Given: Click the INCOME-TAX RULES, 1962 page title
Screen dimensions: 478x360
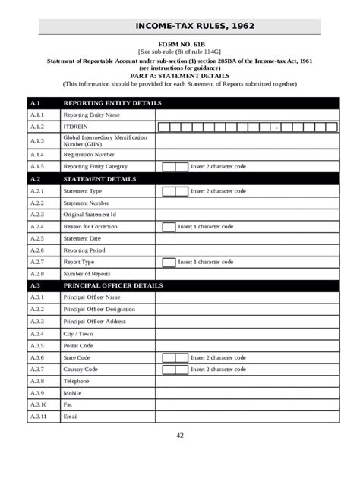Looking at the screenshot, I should tap(194, 27).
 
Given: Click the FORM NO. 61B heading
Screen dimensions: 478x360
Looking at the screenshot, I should tap(179, 46).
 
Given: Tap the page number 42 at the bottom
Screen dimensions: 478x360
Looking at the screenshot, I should tap(180, 435).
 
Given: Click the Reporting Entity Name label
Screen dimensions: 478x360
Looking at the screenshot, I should tap(92, 115).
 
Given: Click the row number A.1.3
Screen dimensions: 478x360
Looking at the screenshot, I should tap(38, 140).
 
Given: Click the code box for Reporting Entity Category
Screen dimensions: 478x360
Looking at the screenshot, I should tap(175, 166).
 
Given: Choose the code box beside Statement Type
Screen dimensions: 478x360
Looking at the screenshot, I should tap(175, 191).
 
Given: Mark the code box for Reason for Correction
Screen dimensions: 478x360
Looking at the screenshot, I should tap(169, 227).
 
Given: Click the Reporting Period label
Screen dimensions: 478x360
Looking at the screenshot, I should tap(84, 250).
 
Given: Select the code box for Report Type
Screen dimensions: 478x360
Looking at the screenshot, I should tap(169, 262).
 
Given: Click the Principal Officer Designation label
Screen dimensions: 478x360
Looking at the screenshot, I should tap(99, 309).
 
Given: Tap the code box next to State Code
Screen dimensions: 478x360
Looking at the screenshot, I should tap(175, 357).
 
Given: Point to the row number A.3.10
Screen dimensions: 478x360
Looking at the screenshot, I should tap(39, 404).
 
